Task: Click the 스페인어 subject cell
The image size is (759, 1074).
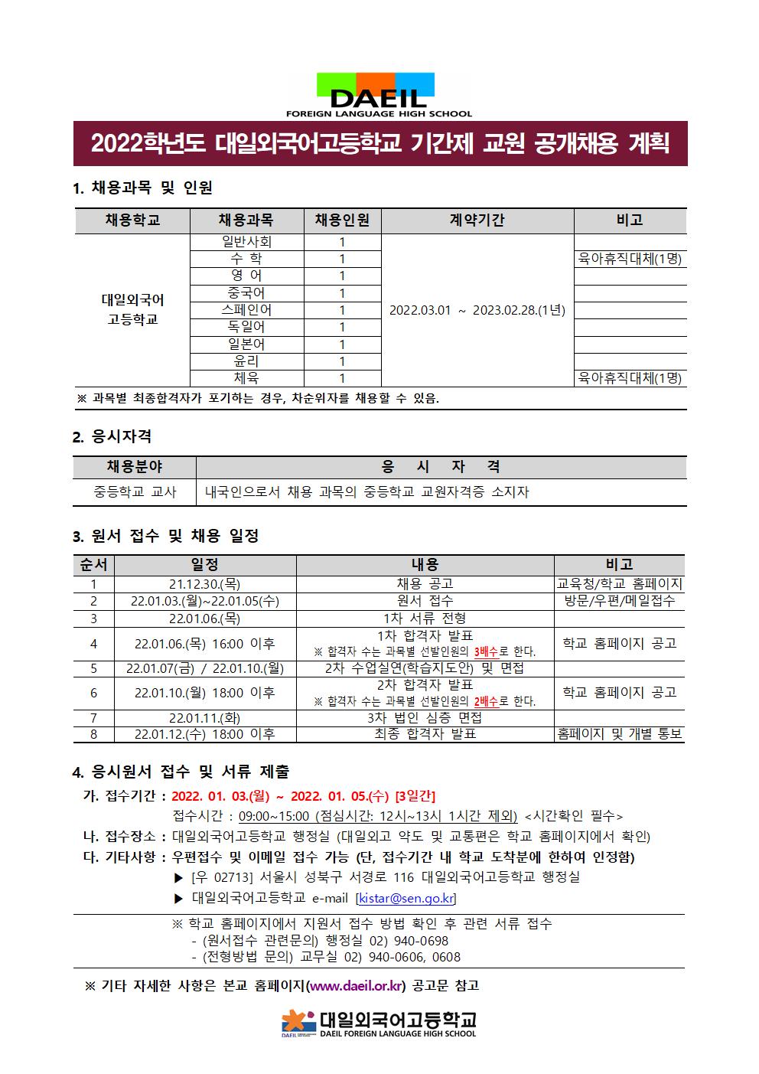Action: tap(246, 310)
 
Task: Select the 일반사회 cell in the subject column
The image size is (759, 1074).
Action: tap(246, 242)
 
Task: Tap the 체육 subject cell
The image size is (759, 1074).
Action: tap(246, 378)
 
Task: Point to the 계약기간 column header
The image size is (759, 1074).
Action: tap(477, 220)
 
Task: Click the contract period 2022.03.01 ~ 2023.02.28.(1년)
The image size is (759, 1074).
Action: tap(477, 310)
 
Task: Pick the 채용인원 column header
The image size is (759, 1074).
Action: tap(342, 220)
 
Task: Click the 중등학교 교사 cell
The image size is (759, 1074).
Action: tap(135, 492)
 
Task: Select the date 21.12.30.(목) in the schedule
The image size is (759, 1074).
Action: tap(204, 584)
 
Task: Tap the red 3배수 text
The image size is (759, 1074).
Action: tap(487, 652)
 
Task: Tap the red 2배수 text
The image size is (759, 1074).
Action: tap(487, 701)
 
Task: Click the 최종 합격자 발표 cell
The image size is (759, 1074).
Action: tap(425, 734)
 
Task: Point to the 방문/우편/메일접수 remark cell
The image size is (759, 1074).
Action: tap(619, 601)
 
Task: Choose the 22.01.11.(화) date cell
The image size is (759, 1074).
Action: tap(204, 718)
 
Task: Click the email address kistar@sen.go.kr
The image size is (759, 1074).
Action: tap(406, 898)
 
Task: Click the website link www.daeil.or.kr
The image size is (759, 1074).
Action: tap(355, 986)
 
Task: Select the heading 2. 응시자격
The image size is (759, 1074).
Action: tap(112, 437)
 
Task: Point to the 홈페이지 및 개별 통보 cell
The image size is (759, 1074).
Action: tap(619, 734)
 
